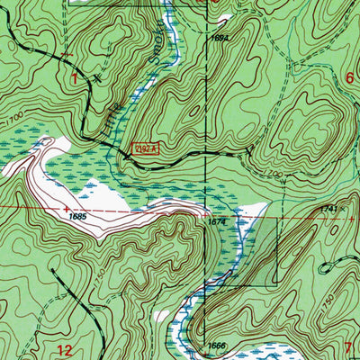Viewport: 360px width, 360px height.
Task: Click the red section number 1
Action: (75, 77)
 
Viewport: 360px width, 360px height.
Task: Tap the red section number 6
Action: (350, 79)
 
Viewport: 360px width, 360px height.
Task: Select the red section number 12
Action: (63, 349)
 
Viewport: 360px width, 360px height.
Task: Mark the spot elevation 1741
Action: (328, 208)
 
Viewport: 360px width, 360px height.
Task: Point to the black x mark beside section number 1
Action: (96, 77)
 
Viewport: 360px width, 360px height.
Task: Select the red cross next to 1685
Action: (66, 207)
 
